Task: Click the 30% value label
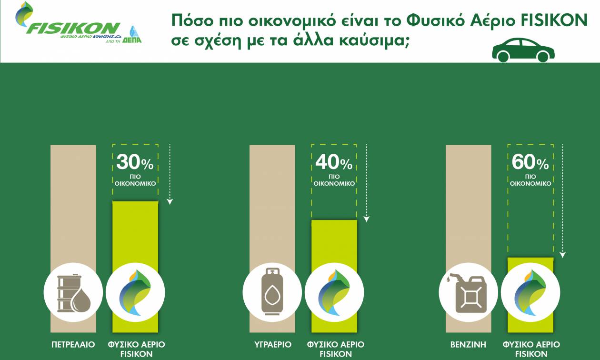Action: pyautogui.click(x=135, y=162)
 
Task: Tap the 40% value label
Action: pyautogui.click(x=334, y=162)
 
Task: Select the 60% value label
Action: pyautogui.click(x=530, y=162)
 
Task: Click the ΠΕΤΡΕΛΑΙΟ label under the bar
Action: pyautogui.click(x=73, y=344)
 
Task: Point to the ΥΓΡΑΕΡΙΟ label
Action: pyautogui.click(x=273, y=344)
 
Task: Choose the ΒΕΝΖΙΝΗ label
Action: pyautogui.click(x=468, y=344)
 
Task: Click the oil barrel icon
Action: pyautogui.click(x=74, y=293)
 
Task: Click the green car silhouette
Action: pyautogui.click(x=523, y=50)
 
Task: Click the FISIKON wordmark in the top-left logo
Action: pyautogui.click(x=73, y=28)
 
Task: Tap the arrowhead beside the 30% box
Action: pyautogui.click(x=170, y=202)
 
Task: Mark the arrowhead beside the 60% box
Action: pyautogui.click(x=562, y=255)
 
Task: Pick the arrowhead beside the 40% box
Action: pyautogui.click(x=367, y=219)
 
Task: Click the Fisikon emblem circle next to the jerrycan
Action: pyautogui.click(x=530, y=292)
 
